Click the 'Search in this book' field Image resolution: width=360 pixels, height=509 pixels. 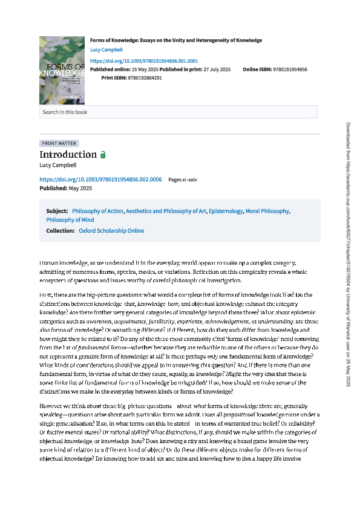[178, 112]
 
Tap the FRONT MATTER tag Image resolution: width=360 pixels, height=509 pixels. [59, 143]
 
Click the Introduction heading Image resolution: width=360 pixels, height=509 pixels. [68, 155]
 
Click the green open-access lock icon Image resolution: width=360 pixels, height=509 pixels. [103, 155]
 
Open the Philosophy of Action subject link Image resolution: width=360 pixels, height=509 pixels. [98, 211]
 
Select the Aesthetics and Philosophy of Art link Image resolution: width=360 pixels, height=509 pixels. [166, 211]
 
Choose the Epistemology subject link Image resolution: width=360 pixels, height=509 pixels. [225, 211]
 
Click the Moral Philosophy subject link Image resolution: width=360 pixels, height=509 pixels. [267, 211]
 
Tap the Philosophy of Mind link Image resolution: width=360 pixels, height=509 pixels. [70, 220]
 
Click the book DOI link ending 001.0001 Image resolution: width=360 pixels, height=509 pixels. [143, 61]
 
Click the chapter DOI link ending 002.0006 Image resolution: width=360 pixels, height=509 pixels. [100, 180]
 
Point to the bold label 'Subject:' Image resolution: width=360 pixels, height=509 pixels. [57, 211]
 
